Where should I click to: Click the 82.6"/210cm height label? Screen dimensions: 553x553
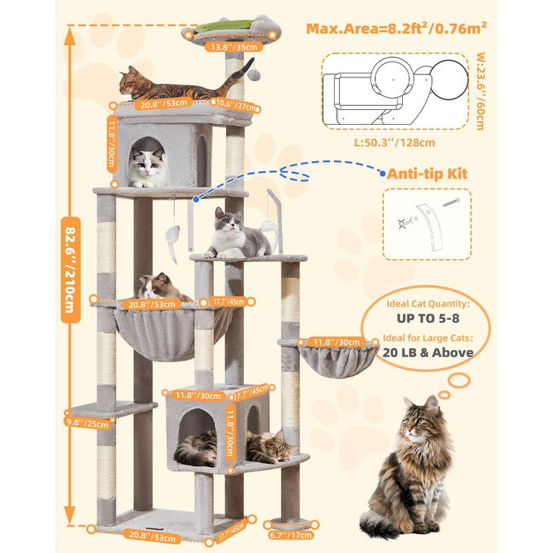[70, 270]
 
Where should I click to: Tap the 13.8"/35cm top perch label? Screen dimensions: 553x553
[234, 47]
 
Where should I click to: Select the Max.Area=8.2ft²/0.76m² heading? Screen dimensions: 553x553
[396, 28]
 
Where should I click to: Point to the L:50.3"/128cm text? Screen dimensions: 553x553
[394, 143]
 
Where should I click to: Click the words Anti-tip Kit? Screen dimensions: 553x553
[427, 174]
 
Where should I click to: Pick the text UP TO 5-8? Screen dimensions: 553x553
[428, 318]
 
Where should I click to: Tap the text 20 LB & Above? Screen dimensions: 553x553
[428, 352]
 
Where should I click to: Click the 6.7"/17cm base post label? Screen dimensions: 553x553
[291, 535]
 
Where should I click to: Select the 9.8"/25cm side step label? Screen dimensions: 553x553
[87, 423]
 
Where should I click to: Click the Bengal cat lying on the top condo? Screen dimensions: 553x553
[183, 85]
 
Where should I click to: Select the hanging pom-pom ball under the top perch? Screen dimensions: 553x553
[254, 74]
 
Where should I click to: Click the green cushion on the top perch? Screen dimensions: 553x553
[224, 26]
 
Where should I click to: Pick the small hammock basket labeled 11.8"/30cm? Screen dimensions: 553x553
[337, 359]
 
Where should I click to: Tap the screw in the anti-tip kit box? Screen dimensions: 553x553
[451, 202]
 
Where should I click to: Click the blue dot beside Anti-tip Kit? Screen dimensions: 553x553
[382, 173]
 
